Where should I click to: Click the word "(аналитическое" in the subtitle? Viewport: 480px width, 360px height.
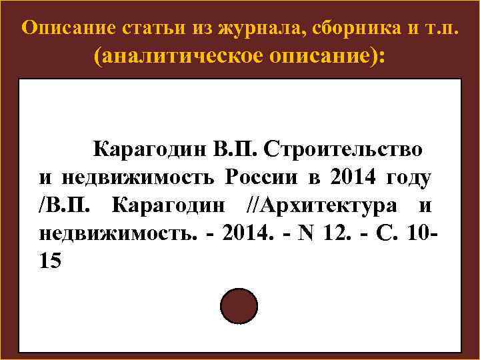179,57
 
